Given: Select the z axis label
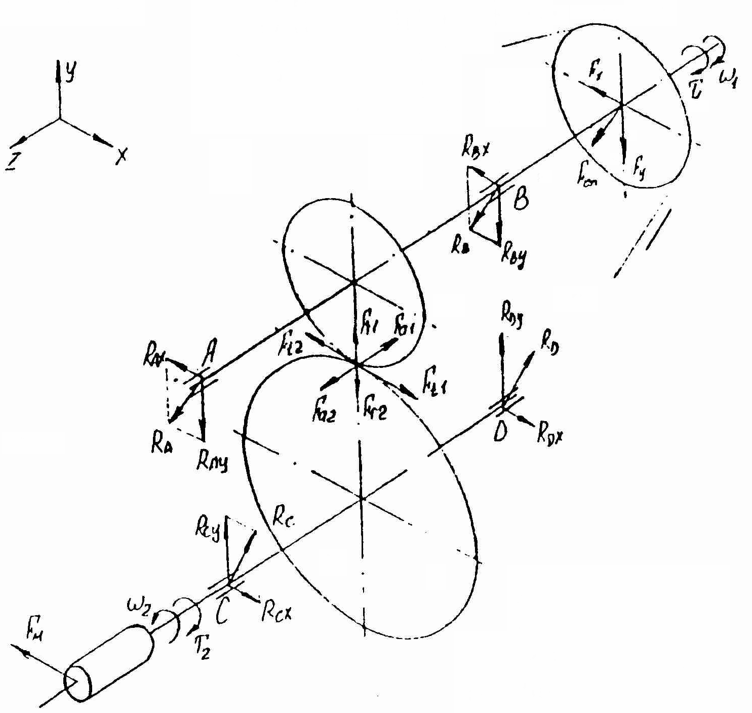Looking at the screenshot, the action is (11, 162).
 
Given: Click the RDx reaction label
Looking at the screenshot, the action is (550, 434).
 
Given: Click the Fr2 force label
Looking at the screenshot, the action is (375, 411).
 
